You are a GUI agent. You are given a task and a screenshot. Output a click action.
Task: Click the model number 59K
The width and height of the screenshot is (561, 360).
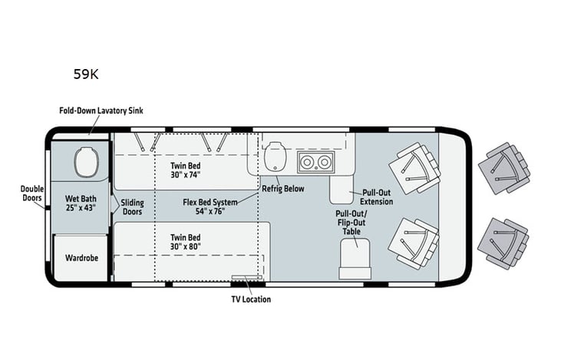click(86, 74)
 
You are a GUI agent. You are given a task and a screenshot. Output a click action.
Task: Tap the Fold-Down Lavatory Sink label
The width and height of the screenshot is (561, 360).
click(101, 111)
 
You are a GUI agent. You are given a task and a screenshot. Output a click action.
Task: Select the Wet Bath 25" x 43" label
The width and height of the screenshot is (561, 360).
click(80, 203)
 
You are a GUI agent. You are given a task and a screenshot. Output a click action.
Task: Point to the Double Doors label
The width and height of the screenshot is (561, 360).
click(31, 194)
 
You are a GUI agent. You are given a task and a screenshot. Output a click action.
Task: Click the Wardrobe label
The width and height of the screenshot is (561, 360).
click(81, 258)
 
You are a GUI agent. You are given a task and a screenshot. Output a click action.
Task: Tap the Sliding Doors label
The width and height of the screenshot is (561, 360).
click(131, 206)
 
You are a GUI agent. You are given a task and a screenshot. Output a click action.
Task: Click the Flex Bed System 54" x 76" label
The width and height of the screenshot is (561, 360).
click(209, 206)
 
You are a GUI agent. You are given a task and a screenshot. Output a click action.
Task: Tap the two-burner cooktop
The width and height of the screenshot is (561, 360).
click(315, 162)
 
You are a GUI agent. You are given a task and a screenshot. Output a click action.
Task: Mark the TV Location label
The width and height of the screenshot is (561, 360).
click(250, 299)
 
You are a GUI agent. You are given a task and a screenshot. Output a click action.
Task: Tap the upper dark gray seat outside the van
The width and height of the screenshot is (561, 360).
click(504, 168)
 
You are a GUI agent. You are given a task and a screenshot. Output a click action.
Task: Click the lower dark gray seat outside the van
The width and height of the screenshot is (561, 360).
click(503, 243)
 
